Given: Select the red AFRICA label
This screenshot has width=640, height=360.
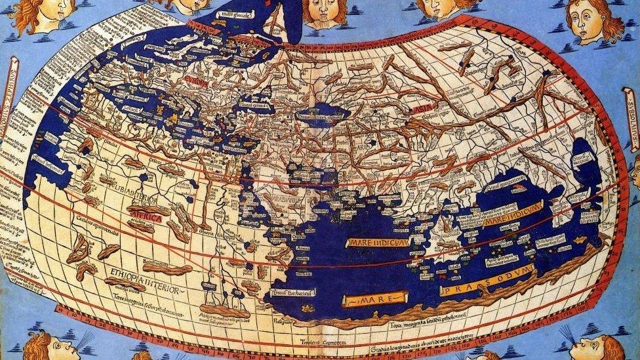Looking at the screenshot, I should [x=146, y=216].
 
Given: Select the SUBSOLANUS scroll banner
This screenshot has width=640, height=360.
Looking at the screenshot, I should [x=631, y=132].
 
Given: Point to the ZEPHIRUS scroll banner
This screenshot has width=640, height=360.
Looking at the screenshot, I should [x=10, y=98].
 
